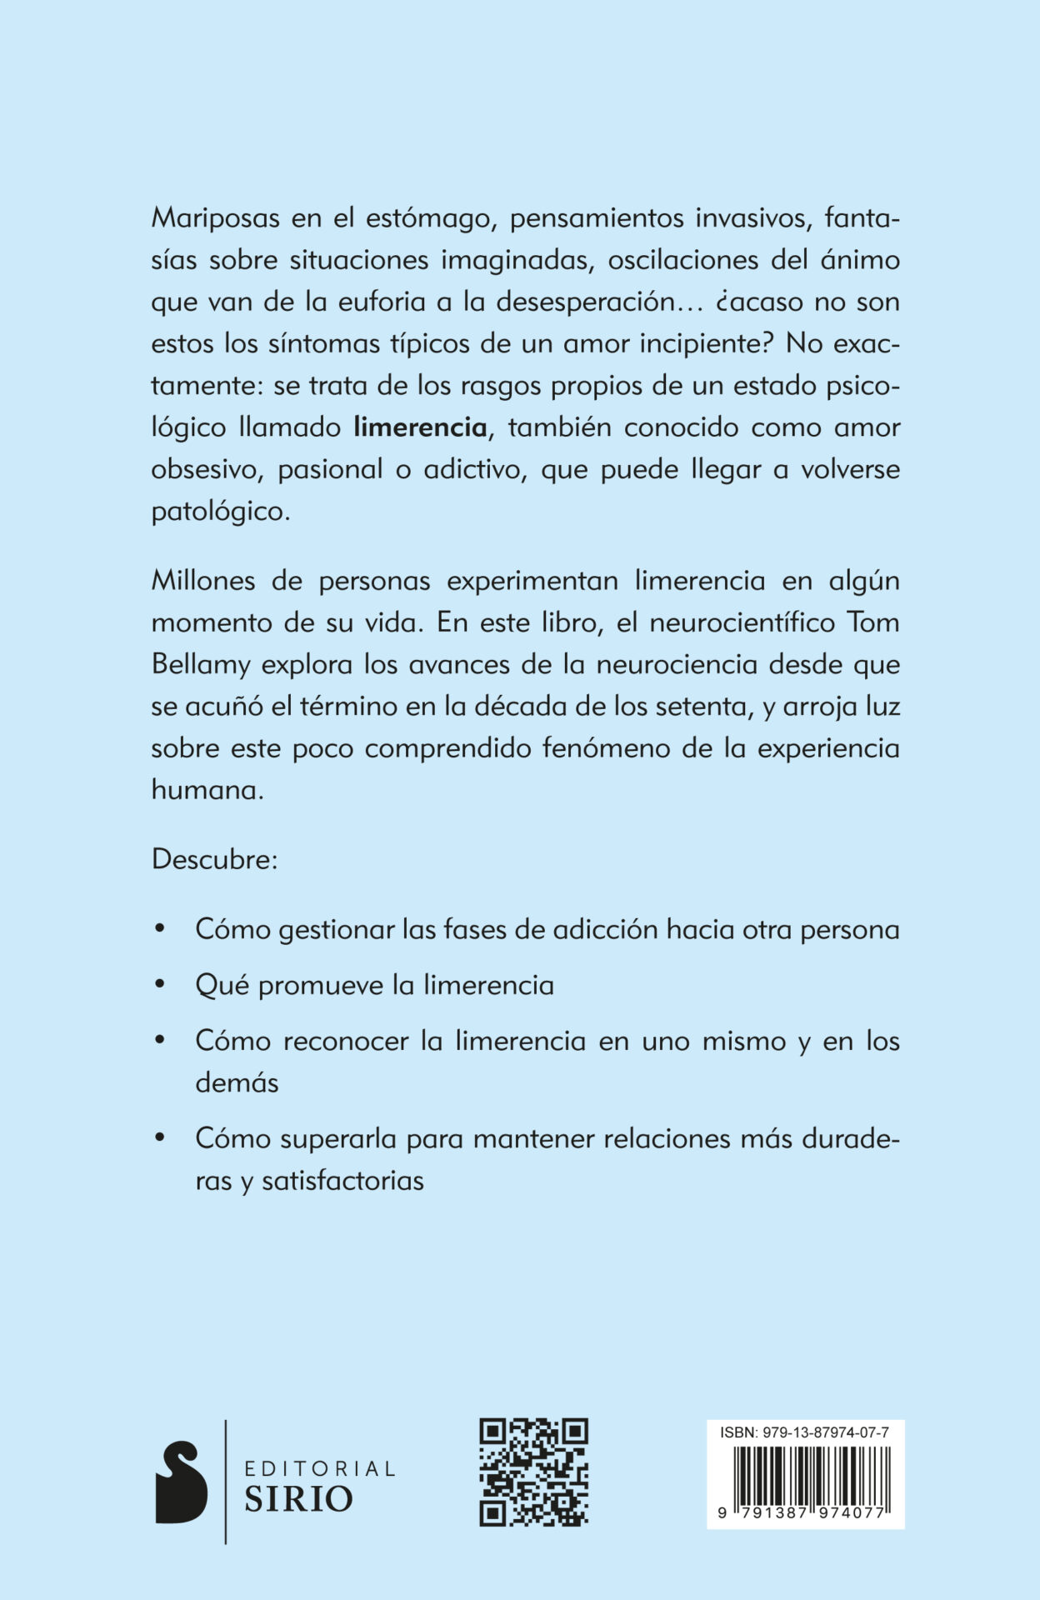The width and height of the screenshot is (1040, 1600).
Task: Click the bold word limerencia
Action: [420, 427]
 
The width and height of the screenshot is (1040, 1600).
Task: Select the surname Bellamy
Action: [201, 665]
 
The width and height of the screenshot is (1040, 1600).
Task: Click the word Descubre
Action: [214, 859]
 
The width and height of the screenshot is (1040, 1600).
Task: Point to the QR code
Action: [533, 1472]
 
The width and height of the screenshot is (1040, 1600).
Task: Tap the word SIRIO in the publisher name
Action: [298, 1500]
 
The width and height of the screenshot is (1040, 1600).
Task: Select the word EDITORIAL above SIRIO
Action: [319, 1468]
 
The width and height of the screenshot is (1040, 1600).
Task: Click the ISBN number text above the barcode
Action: [804, 1432]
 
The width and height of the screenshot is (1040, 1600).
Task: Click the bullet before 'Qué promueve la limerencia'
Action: [160, 985]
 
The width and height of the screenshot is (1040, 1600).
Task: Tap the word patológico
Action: [220, 511]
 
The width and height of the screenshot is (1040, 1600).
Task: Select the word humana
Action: [207, 790]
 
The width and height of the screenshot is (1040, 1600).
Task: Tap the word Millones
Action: [202, 581]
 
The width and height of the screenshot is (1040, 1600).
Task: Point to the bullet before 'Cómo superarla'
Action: [160, 1137]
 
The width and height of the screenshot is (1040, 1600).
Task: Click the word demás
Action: [237, 1082]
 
